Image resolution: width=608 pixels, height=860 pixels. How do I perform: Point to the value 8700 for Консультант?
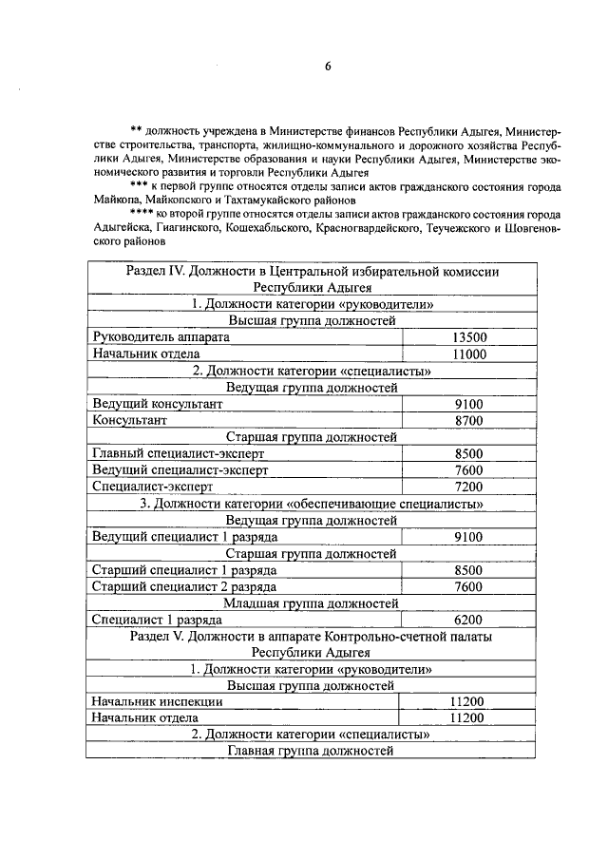tap(469, 420)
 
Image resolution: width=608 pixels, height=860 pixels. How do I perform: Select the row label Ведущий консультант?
tap(158, 404)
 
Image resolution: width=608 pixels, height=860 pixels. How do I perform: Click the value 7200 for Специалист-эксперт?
tap(469, 487)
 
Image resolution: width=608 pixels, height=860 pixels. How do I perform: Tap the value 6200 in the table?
tap(469, 619)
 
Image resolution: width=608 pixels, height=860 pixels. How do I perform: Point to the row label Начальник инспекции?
tap(158, 701)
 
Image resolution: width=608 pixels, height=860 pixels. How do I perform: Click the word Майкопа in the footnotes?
tap(118, 201)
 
